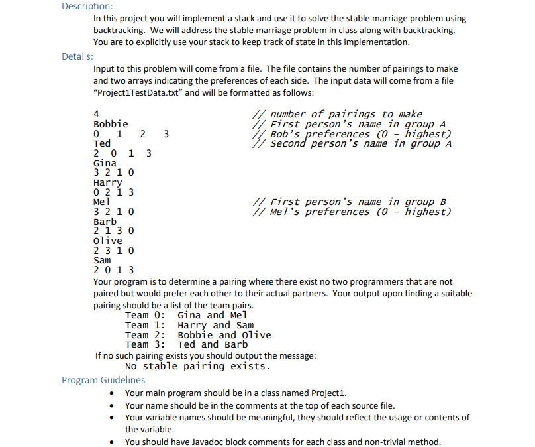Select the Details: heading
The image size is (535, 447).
click(x=77, y=56)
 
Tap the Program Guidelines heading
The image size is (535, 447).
click(x=103, y=380)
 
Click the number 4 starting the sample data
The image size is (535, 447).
click(x=97, y=114)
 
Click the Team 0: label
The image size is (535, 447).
click(x=145, y=315)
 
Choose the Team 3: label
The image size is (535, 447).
click(x=145, y=344)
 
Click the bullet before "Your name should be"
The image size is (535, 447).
click(x=115, y=405)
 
